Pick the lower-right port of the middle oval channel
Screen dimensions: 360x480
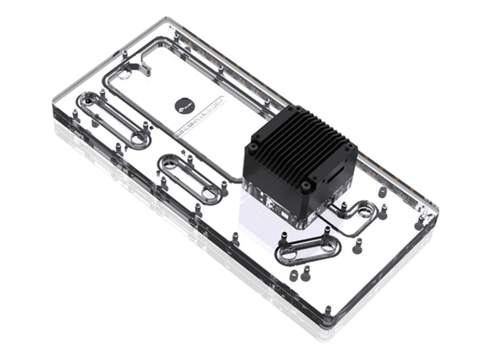pyautogui.click(x=212, y=195)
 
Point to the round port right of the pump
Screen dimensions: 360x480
pyautogui.click(x=365, y=210)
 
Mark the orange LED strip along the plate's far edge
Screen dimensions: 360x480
pyautogui.click(x=246, y=82)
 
